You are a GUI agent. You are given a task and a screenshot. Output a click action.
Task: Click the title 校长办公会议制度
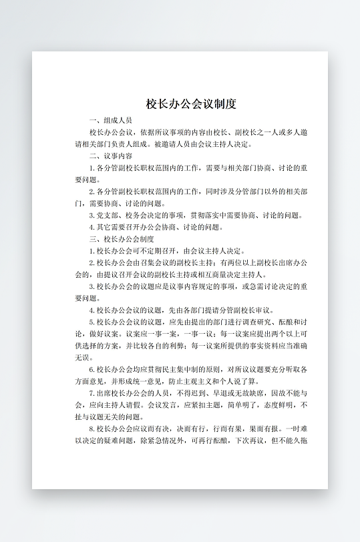tap(191, 104)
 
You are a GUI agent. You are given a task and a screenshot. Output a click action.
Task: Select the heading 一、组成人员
tap(109, 120)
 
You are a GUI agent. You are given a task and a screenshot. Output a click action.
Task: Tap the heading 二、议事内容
tap(109, 156)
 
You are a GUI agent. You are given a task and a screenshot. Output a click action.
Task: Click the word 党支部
tap(108, 215)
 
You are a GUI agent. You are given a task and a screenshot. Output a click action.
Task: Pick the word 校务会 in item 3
tap(136, 215)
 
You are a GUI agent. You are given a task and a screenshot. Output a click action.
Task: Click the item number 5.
tap(91, 322)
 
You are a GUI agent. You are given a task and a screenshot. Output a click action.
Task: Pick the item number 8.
tap(91, 429)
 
